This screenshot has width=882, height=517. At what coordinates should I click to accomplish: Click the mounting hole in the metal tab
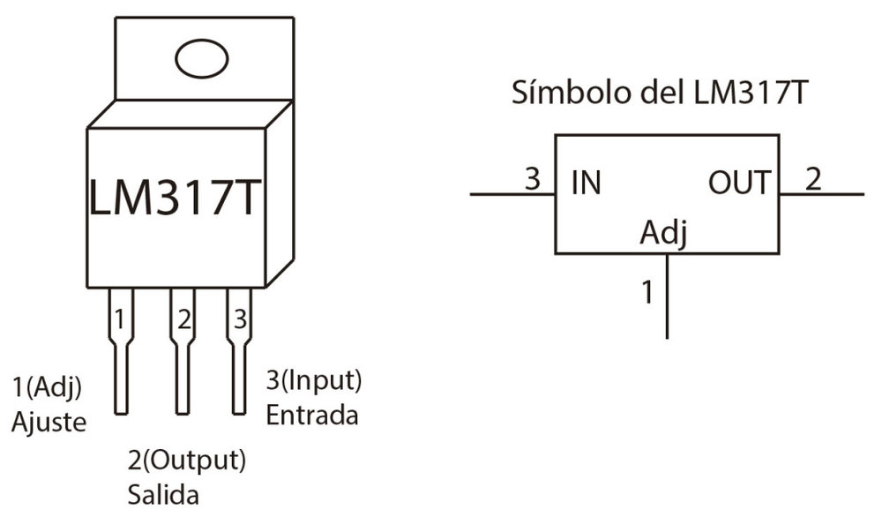[201, 59]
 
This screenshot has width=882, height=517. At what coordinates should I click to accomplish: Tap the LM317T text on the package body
[176, 199]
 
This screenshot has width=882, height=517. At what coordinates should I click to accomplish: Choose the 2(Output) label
[186, 461]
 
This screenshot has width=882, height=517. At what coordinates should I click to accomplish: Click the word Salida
[163, 491]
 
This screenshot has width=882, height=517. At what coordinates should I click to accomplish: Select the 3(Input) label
[314, 381]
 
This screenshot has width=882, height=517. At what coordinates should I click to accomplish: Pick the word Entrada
[312, 414]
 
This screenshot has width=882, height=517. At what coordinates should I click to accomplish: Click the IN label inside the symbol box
[586, 184]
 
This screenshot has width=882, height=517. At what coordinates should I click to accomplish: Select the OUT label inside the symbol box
[738, 184]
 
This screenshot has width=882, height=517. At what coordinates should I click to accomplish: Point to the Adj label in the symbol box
[663, 234]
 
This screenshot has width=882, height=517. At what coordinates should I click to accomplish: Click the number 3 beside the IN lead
[531, 179]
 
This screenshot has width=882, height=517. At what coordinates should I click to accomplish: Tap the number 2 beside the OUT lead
[812, 179]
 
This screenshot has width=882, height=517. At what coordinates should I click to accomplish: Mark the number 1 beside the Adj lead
[647, 292]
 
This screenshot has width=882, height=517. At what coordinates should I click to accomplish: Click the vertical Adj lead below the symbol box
[667, 304]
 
